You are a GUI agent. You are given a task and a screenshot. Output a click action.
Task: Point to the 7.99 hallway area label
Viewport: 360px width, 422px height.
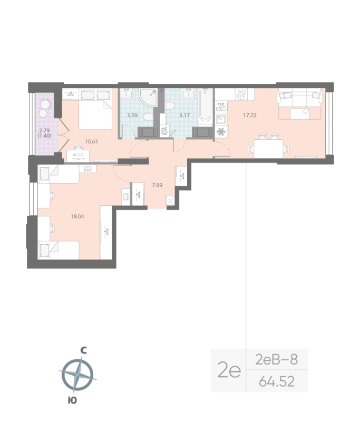coord(158,185)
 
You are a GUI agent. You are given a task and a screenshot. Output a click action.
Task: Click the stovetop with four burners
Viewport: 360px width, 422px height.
coord(241,94)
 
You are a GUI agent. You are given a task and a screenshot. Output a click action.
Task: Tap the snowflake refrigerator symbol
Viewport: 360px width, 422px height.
coord(221,131)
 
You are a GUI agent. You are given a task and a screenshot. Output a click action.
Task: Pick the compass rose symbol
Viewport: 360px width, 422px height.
coord(77,375)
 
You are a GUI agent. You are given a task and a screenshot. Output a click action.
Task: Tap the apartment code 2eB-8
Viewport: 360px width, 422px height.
coord(276,360)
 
